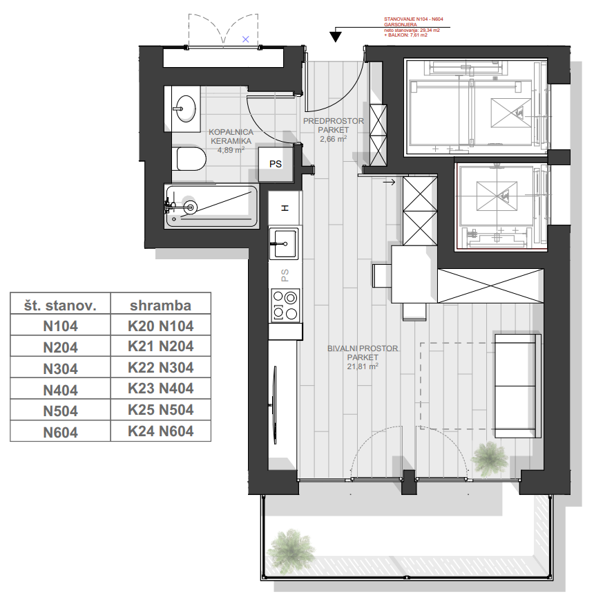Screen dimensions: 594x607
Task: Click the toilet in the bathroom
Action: (191, 159)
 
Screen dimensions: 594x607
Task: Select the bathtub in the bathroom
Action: (211, 206)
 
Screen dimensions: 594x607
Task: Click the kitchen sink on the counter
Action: (284, 243)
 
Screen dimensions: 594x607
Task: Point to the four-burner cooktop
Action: (285, 305)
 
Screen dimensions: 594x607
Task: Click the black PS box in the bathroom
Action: (276, 164)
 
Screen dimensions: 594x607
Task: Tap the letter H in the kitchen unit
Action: (285, 208)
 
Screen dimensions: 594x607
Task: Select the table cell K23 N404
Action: (160, 389)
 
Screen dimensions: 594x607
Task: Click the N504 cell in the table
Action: (60, 411)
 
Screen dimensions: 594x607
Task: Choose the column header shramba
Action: (160, 306)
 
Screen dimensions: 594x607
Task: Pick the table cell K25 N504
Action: (160, 410)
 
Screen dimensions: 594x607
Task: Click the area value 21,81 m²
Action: (363, 366)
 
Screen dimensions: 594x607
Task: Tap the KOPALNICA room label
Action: (231, 132)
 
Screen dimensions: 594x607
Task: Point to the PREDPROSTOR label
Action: (334, 121)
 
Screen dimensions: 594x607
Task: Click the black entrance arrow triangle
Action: (336, 37)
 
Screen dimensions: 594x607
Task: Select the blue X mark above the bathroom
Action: (246, 39)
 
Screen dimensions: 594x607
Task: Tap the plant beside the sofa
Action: (489, 459)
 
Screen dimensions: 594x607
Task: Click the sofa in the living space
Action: (517, 386)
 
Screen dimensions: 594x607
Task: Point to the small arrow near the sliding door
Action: (389, 182)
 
